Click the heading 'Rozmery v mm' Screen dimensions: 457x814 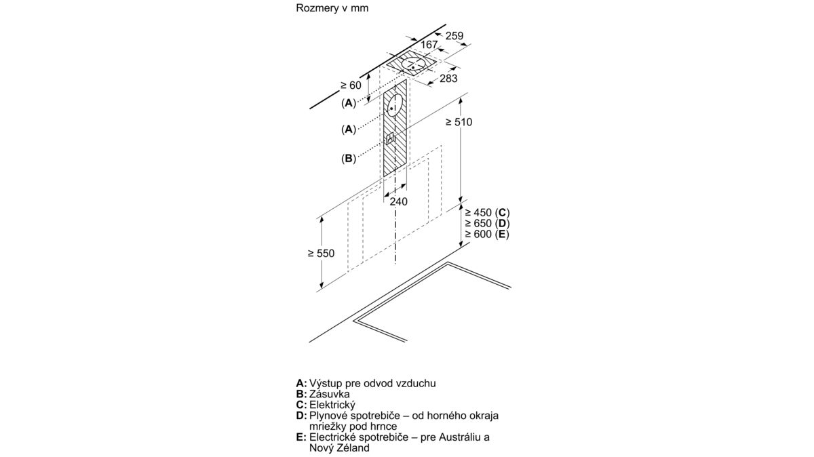(326, 9)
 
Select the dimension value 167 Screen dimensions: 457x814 (429, 45)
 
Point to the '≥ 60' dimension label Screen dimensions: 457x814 (351, 85)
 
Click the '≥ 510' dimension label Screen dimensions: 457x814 (459, 122)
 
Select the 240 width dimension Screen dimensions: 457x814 (398, 201)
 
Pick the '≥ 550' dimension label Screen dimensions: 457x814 (321, 253)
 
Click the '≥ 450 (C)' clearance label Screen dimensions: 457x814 (486, 213)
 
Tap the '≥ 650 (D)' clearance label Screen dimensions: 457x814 (486, 224)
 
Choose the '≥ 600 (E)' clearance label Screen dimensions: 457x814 (486, 235)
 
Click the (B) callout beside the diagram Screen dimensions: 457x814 (348, 159)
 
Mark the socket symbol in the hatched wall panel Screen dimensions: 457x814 (390, 138)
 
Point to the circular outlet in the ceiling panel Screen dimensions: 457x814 (413, 65)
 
